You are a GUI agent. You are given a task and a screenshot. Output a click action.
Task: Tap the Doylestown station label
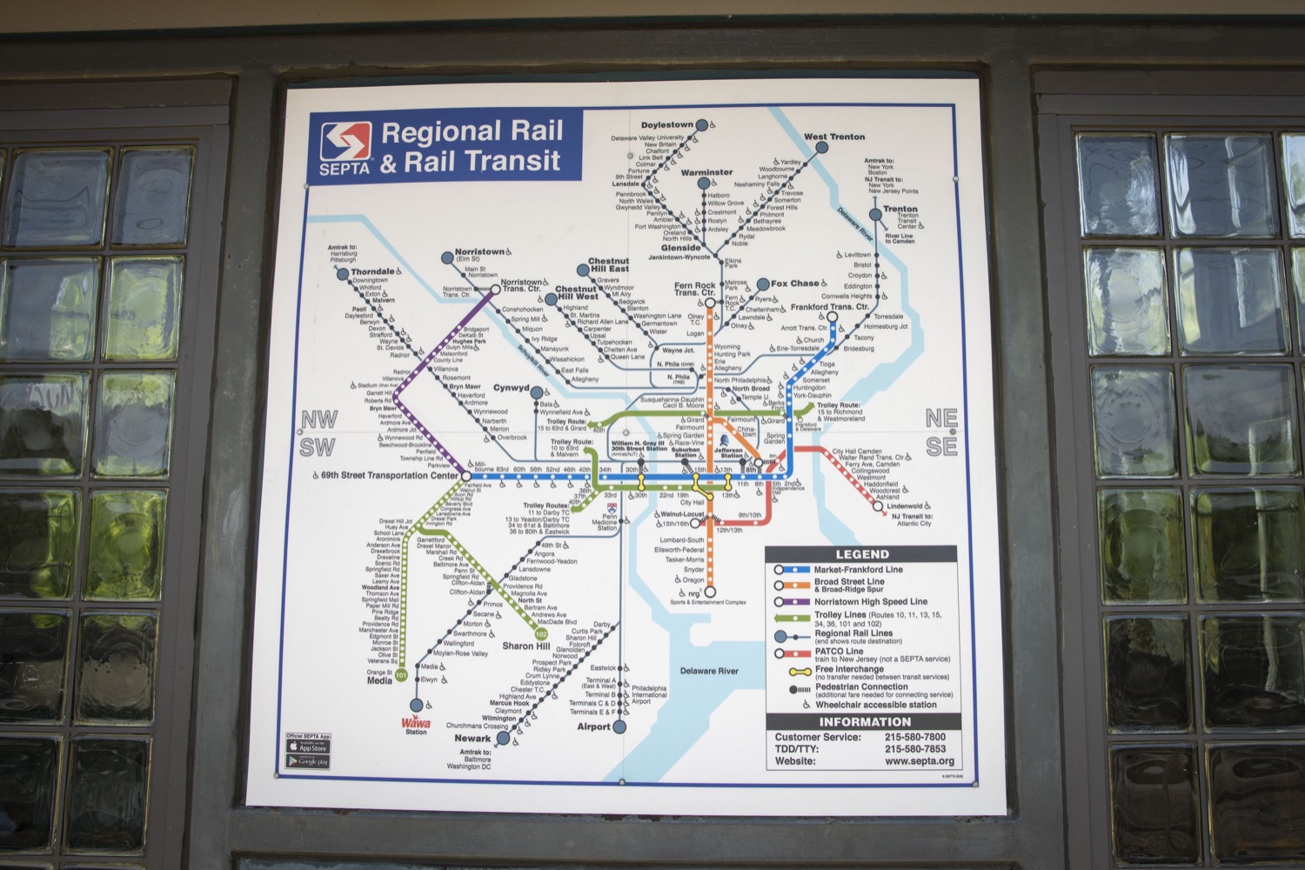click(667, 125)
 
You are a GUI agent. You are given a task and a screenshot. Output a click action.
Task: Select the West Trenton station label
click(834, 137)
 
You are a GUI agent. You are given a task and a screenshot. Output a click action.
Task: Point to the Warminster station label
click(706, 172)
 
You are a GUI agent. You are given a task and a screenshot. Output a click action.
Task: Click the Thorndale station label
click(373, 272)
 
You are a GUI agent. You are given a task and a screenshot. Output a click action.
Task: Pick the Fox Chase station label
click(794, 284)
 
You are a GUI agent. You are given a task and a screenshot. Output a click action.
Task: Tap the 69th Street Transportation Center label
click(389, 476)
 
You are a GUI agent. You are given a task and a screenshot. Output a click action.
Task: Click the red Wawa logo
click(416, 722)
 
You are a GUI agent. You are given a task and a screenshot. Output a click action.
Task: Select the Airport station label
click(593, 726)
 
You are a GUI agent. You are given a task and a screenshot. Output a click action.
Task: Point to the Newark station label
click(472, 738)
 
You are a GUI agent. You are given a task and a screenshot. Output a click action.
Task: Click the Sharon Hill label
click(525, 646)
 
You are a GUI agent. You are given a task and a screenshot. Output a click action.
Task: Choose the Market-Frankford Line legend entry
click(858, 570)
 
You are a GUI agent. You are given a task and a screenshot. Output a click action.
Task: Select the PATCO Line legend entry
click(839, 651)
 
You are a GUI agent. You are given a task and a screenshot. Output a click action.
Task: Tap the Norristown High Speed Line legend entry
click(870, 601)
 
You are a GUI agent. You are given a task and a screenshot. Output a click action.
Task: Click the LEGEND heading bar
click(861, 554)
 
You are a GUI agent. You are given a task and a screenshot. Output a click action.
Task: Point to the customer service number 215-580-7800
click(914, 737)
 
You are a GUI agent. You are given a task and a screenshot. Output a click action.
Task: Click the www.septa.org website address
click(919, 761)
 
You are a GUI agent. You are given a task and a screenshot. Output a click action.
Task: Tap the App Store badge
click(308, 747)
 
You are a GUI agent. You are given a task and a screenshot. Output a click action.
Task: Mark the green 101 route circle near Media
click(401, 675)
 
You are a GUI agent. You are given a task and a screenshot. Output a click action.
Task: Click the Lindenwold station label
click(904, 506)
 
